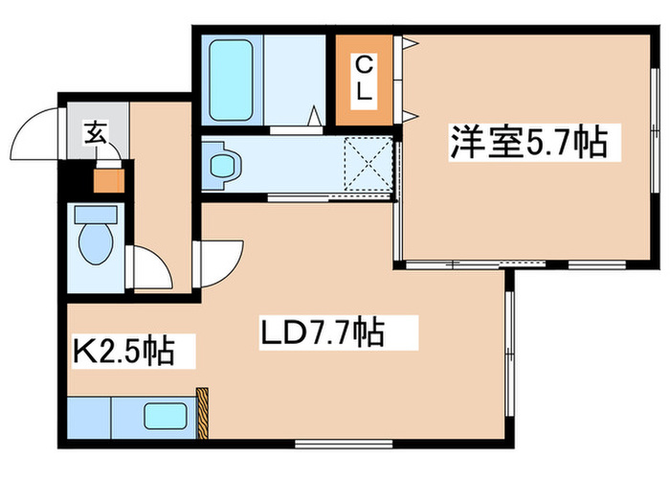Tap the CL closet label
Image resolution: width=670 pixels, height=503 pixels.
point(365,80)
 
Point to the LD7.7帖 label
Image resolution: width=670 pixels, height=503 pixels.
point(323,333)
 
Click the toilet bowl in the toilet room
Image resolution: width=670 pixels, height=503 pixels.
point(96,243)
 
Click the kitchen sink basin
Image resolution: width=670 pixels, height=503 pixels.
point(166,416)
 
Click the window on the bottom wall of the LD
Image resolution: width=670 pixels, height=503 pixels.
point(329,442)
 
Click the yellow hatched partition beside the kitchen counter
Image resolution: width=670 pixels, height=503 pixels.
point(202,412)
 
